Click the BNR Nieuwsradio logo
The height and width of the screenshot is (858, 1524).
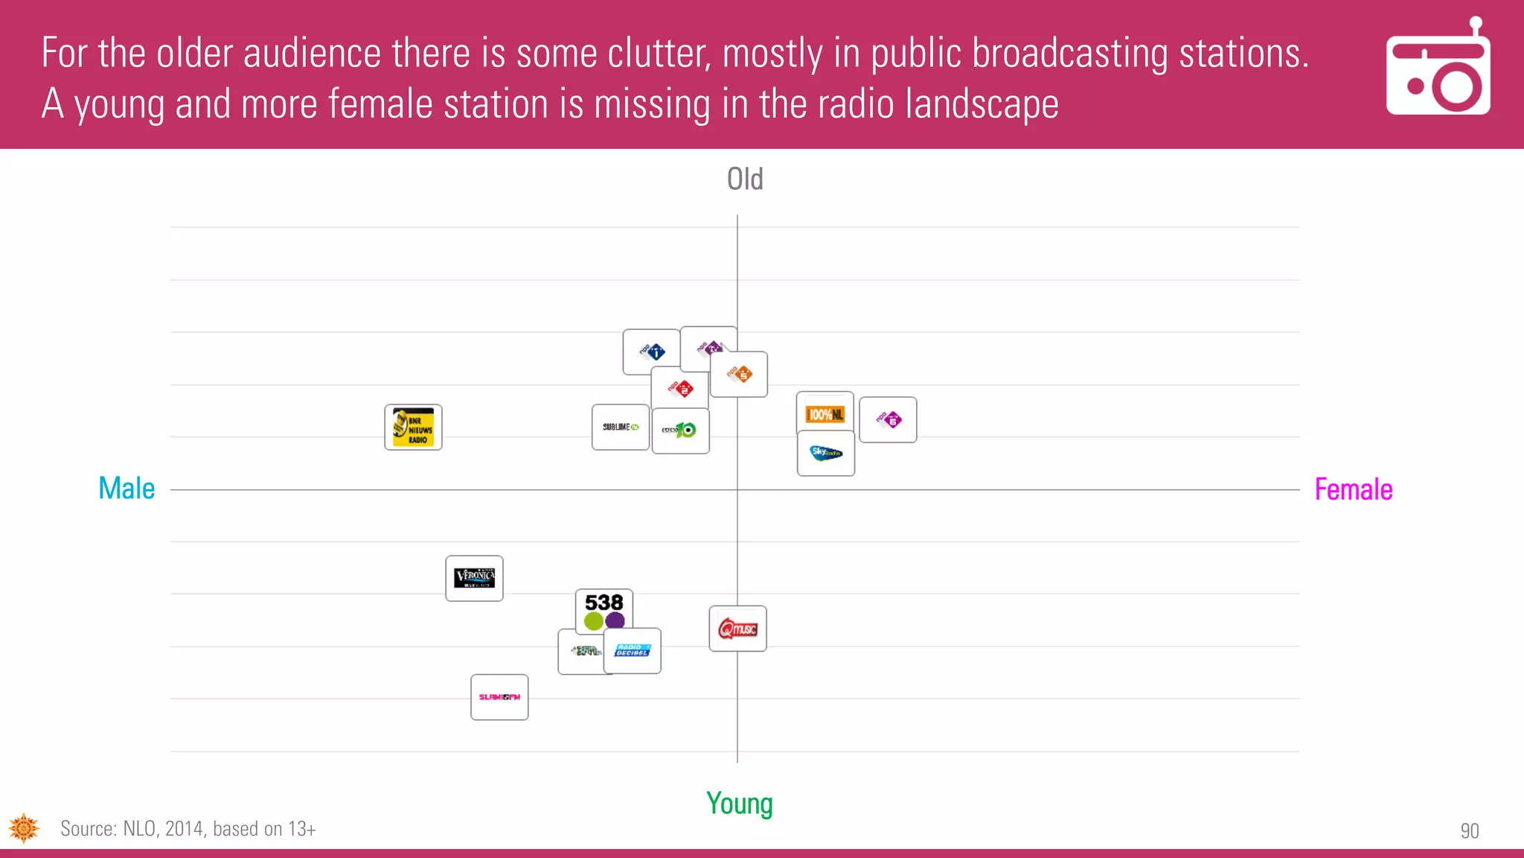(x=413, y=428)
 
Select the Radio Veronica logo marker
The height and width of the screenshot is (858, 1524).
(x=474, y=578)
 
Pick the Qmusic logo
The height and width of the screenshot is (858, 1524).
(x=737, y=629)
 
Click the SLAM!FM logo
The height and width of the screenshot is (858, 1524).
(x=499, y=697)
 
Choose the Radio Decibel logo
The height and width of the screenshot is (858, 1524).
(x=633, y=651)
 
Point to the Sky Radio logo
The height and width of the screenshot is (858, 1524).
(x=825, y=453)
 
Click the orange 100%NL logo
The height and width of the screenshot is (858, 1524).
(x=825, y=413)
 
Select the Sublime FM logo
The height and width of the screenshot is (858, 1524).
(x=620, y=427)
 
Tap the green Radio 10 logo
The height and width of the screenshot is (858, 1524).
(x=680, y=430)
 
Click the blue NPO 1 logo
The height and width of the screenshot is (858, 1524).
(x=651, y=352)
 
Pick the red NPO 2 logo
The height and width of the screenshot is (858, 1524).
(x=680, y=388)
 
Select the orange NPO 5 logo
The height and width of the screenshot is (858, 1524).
(x=739, y=374)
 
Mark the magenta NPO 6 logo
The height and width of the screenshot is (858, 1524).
(x=888, y=420)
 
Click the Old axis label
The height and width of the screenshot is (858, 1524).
(x=745, y=179)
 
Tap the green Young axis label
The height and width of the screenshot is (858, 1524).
(x=740, y=804)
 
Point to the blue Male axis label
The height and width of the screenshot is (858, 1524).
(x=127, y=489)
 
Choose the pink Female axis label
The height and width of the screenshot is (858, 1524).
(x=1353, y=489)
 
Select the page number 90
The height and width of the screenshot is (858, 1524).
(x=1469, y=830)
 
